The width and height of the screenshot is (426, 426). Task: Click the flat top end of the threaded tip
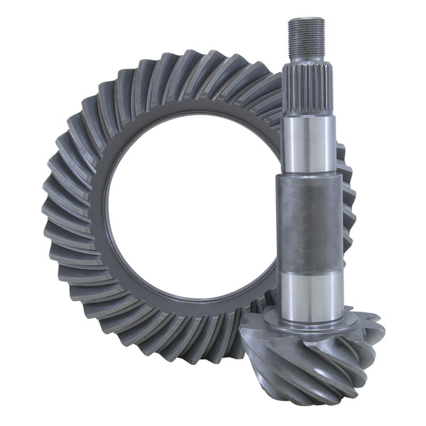tap(306, 20)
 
